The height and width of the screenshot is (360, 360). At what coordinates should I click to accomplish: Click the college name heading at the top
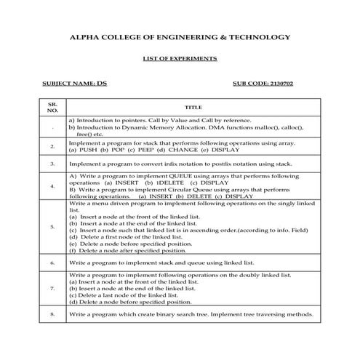point(179,36)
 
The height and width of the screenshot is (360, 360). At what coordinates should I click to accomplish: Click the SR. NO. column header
point(52,107)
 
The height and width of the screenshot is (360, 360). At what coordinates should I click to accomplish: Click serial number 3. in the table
point(52,164)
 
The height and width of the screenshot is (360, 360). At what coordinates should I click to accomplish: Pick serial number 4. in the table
point(52,186)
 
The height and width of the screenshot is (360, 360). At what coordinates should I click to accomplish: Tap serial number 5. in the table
point(52,227)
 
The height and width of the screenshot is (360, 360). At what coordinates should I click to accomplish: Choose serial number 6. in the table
point(52,260)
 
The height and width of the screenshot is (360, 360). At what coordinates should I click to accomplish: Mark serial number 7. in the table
point(52,289)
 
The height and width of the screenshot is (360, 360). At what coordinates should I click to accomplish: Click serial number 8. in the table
point(52,314)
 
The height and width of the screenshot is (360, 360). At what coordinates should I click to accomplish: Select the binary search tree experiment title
point(191,314)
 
